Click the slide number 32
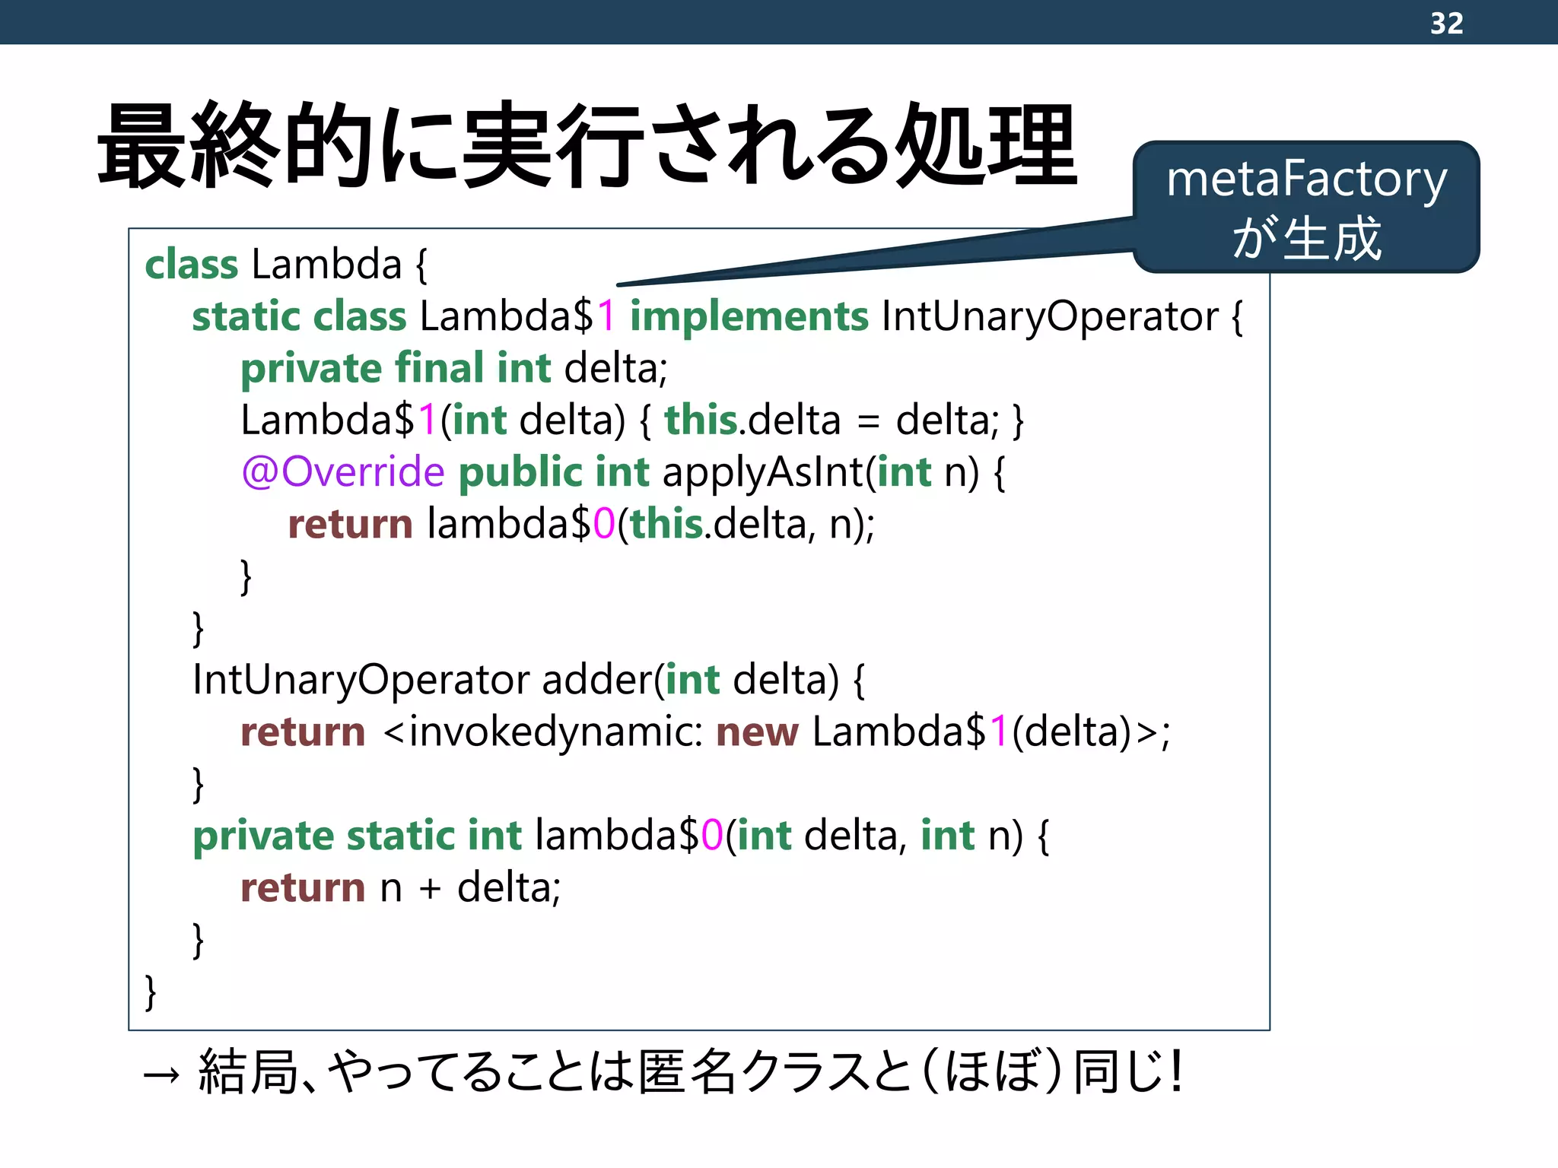[1446, 23]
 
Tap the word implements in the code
[749, 316]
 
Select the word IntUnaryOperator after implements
[1050, 316]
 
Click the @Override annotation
[342, 472]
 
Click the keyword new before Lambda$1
[757, 732]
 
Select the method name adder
[597, 679]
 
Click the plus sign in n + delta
[430, 888]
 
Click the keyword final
[440, 368]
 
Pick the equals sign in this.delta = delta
[867, 421]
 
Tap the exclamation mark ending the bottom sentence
[1177, 1071]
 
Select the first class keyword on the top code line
[191, 265]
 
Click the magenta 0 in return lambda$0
[604, 524]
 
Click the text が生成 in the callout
[1306, 239]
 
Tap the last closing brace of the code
[151, 992]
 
